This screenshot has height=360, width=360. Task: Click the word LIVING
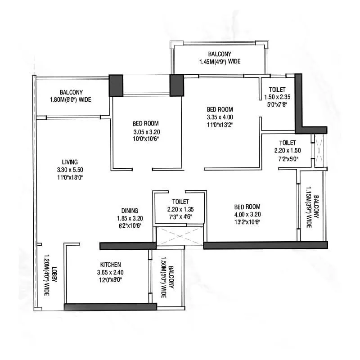point(70,162)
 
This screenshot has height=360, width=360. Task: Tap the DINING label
point(129,211)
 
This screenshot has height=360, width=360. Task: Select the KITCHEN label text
point(110,265)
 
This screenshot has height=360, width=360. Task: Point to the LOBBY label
point(54,275)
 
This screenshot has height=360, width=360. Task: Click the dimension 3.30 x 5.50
point(71,170)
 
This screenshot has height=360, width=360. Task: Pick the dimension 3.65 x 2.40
point(110,272)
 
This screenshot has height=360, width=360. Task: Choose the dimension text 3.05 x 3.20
point(147,132)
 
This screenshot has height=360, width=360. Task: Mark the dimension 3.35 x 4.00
point(220,117)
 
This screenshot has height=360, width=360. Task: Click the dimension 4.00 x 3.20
point(247,215)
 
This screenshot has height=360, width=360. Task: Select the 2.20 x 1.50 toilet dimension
point(287,151)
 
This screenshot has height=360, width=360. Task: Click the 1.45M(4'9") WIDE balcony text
point(220,62)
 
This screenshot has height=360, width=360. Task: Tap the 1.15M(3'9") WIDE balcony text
point(309,207)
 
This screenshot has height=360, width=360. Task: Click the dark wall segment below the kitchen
point(110,307)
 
